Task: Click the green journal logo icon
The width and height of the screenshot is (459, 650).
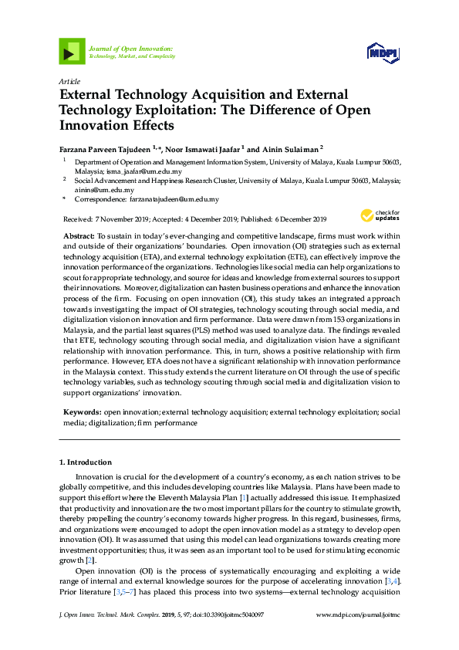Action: point(72,52)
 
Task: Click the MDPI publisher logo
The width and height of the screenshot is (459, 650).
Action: point(383,52)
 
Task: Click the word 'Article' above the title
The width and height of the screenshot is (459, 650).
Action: point(69,80)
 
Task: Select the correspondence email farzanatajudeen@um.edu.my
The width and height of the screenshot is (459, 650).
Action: point(174,199)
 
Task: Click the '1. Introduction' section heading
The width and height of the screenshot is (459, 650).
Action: point(86,462)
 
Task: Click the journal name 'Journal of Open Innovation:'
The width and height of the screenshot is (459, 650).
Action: point(130,49)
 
